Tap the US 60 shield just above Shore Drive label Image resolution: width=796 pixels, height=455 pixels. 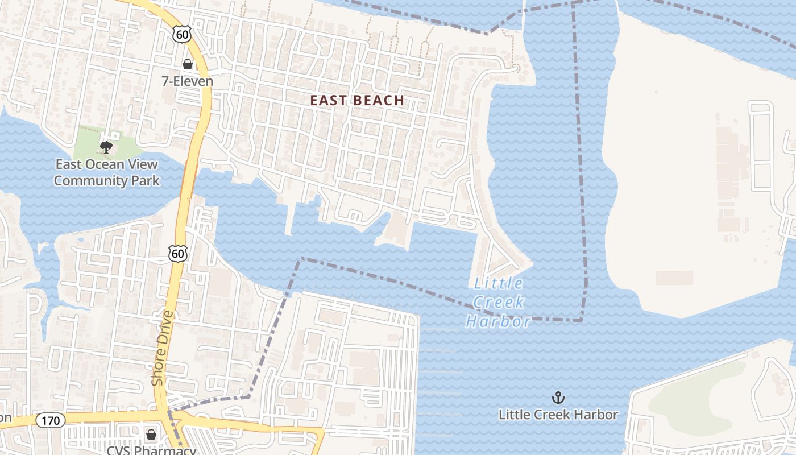tap(178, 253)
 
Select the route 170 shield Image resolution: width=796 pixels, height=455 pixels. tap(51, 420)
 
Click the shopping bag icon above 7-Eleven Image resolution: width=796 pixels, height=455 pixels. tap(187, 65)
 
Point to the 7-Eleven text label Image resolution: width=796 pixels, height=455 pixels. tap(187, 81)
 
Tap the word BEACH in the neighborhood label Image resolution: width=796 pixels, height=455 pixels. tap(379, 101)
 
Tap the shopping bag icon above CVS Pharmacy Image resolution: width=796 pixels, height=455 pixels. tap(151, 435)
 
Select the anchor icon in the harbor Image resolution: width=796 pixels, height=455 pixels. tap(558, 398)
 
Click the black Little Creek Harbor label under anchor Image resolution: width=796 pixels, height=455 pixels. tap(558, 415)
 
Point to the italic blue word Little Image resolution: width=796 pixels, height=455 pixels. tap(499, 283)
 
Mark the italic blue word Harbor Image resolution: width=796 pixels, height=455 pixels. tap(499, 322)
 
